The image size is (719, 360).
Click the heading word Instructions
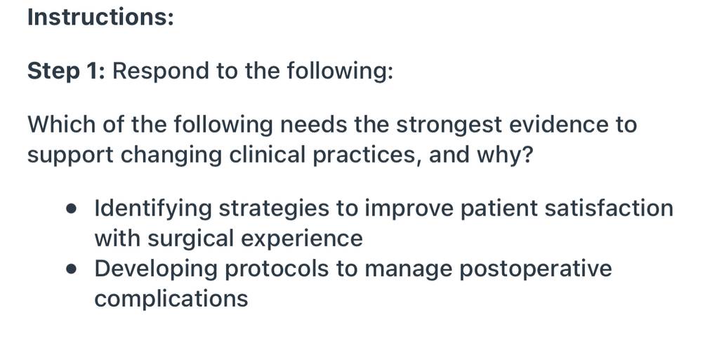tap(100, 17)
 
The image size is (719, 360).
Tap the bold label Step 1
tap(67, 71)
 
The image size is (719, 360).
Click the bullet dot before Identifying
tap(71, 209)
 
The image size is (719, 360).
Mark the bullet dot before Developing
tap(71, 269)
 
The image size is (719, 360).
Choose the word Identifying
tap(152, 209)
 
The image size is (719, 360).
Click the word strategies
tap(274, 209)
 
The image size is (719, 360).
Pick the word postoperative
tap(535, 269)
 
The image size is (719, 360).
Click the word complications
tap(171, 300)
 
